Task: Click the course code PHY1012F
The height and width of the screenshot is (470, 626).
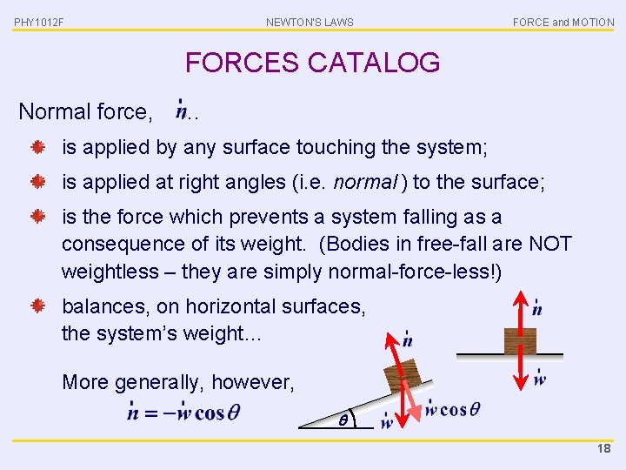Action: click(x=38, y=23)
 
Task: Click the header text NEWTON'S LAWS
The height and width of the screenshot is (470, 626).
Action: click(x=310, y=23)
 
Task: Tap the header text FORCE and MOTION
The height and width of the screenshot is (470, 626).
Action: click(x=563, y=23)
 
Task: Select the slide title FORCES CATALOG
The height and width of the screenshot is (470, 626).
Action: click(x=312, y=63)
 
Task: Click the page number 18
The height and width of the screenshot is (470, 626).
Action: click(x=603, y=449)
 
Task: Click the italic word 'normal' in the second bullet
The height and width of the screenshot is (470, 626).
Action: click(x=357, y=182)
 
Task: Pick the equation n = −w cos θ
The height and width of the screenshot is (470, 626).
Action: click(x=183, y=413)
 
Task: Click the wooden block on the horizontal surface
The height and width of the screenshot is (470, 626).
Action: click(x=520, y=340)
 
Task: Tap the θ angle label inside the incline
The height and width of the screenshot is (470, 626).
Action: click(x=343, y=420)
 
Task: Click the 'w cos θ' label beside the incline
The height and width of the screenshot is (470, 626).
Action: click(x=451, y=409)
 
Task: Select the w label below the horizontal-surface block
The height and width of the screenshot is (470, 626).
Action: click(x=539, y=379)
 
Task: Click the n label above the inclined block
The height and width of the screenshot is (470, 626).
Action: click(x=407, y=339)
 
